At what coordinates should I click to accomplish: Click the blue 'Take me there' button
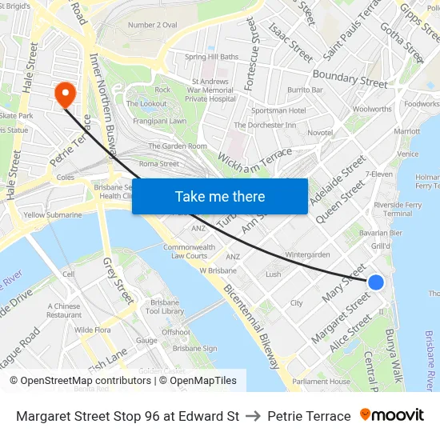219,196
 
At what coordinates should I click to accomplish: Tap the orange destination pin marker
64,95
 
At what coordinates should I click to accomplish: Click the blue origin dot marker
375,282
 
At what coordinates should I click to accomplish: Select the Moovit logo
391,415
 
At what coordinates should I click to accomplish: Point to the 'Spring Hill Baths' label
212,57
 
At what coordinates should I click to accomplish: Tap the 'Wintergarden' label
308,254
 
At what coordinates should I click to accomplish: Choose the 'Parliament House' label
321,382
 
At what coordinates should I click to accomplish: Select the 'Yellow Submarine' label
53,215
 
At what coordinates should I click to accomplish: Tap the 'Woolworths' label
372,109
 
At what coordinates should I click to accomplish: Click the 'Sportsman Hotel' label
278,110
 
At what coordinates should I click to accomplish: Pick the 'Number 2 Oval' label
153,25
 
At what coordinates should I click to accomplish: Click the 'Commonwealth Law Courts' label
189,252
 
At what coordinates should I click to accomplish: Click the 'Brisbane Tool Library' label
167,307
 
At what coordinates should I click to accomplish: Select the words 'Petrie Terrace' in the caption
309,416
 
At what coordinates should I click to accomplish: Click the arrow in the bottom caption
253,416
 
